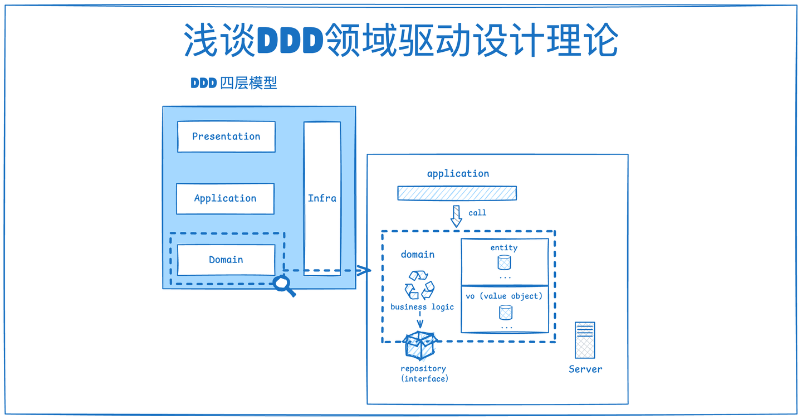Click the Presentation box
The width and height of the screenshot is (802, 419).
click(226, 137)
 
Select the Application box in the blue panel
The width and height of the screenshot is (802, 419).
click(225, 198)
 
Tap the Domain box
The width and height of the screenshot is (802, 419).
click(226, 260)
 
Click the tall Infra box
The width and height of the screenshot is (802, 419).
click(322, 198)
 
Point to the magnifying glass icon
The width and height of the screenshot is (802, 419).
click(284, 286)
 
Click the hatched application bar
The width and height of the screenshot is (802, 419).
click(457, 193)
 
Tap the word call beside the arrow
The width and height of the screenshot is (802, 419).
click(477, 213)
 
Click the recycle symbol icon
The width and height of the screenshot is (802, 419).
click(419, 285)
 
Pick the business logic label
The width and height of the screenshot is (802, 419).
click(422, 307)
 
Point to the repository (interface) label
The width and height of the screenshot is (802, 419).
click(424, 374)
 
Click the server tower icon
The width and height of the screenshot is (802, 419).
click(585, 340)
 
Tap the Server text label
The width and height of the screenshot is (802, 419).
click(585, 369)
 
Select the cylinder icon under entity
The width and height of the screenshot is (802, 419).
click(505, 262)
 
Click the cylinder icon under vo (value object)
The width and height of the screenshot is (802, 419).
click(506, 312)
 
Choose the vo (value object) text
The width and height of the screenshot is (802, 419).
click(504, 296)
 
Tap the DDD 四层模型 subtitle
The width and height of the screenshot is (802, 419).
click(234, 83)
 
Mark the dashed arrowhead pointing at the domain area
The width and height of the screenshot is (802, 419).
click(364, 271)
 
